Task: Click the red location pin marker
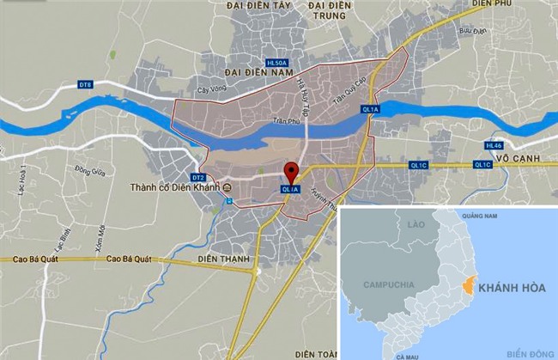pyautogui.click(x=291, y=172)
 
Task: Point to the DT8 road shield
pyautogui.click(x=84, y=84)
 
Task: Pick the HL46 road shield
pyautogui.click(x=494, y=145)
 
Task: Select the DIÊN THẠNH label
pyautogui.click(x=222, y=259)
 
